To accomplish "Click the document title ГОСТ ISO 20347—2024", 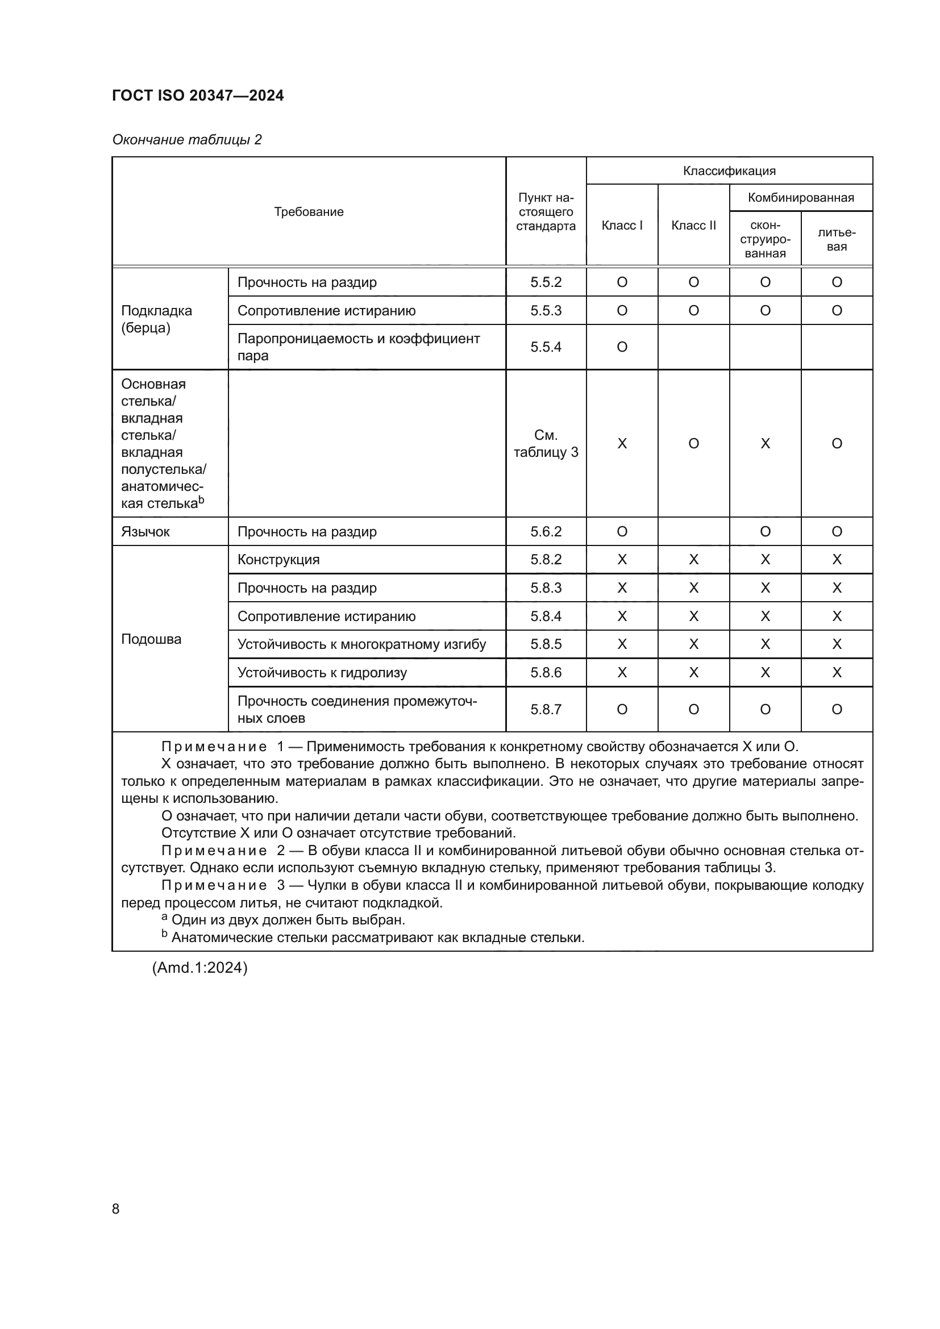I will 198,95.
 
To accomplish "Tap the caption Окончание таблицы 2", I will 187,140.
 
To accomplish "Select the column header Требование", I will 309,212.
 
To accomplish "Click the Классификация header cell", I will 729,171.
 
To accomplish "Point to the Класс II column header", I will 693,225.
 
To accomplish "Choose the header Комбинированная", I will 801,198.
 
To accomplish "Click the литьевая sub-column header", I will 837,239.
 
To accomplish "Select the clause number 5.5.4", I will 545,347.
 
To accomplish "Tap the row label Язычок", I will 145,531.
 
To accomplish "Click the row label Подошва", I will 151,639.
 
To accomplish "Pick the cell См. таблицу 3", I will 545,443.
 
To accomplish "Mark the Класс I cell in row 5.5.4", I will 622,347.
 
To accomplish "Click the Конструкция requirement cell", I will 278,560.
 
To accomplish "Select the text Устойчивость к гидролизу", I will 322,673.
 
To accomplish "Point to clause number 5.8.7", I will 545,710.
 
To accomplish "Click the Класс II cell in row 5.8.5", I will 693,644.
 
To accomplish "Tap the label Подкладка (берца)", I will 156,319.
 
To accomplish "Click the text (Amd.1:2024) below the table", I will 199,968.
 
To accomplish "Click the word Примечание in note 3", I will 214,886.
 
